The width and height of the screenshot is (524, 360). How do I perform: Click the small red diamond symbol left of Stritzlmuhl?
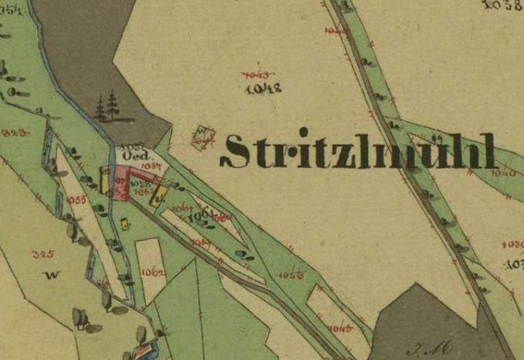(x=202, y=138)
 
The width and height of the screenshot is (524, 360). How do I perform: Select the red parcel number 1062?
(x=151, y=271)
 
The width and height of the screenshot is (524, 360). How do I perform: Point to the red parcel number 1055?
(x=77, y=199)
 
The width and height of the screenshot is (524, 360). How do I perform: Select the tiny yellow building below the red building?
(x=124, y=224)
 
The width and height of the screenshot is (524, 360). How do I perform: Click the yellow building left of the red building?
(x=104, y=180)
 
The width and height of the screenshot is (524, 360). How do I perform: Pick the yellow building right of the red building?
(x=159, y=193)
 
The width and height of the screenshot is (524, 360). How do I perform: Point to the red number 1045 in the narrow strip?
(x=340, y=328)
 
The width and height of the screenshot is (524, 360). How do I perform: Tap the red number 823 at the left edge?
(x=14, y=133)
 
